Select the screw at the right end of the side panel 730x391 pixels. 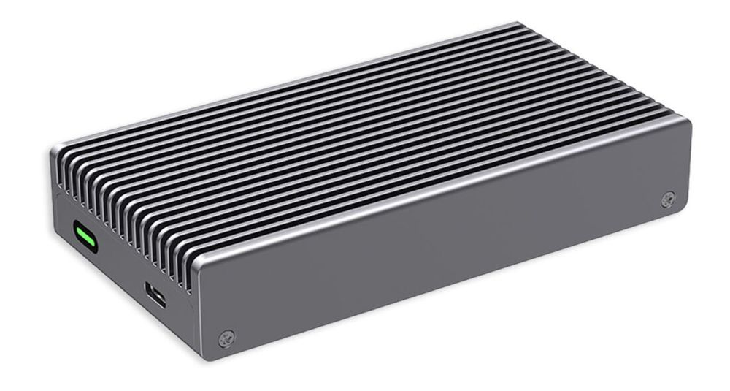667,200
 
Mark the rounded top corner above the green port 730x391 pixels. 55,150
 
